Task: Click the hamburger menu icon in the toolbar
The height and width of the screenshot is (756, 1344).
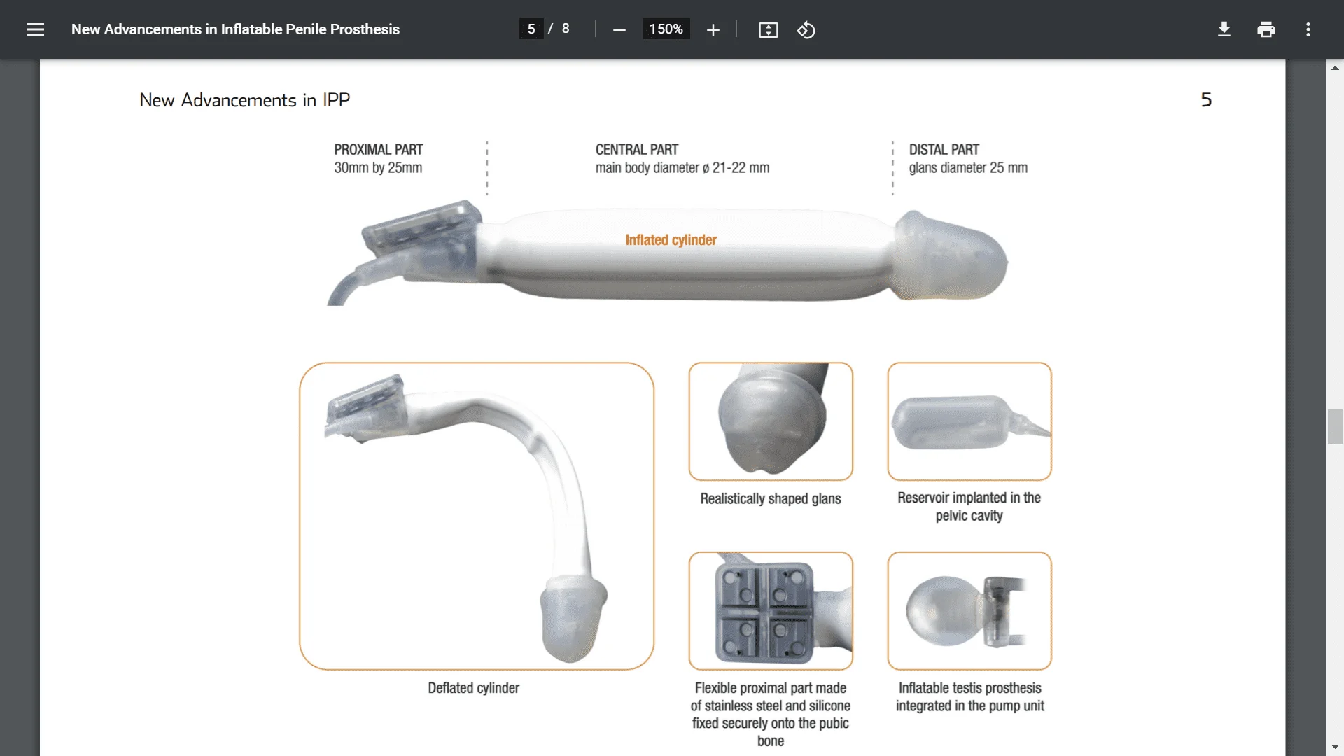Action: pos(36,29)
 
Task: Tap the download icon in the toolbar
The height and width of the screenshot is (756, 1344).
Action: pos(1224,29)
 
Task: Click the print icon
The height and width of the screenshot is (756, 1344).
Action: pos(1266,29)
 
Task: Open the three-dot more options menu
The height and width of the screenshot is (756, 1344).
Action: pos(1308,29)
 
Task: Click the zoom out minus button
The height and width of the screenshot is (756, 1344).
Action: pos(619,30)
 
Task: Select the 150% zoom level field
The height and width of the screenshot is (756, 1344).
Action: pos(666,29)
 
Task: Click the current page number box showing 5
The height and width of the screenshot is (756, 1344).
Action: pos(531,29)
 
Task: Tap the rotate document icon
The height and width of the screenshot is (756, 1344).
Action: pos(806,30)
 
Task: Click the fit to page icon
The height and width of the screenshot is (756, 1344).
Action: pos(768,30)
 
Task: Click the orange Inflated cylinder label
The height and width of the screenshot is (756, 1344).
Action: pos(671,240)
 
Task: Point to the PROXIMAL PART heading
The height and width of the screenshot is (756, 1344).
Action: pos(378,150)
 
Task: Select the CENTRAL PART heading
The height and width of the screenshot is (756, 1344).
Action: pos(636,150)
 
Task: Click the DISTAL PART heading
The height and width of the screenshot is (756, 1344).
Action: pos(944,150)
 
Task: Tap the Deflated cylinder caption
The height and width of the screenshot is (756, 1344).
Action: pos(473,688)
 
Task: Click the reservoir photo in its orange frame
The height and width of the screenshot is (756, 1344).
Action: pos(969,421)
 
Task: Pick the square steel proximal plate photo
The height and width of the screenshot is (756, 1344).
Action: pos(770,611)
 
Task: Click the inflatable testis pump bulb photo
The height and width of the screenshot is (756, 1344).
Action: pos(969,611)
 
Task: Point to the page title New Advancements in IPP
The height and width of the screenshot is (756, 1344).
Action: pos(244,100)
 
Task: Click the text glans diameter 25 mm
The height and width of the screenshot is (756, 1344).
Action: pos(968,168)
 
